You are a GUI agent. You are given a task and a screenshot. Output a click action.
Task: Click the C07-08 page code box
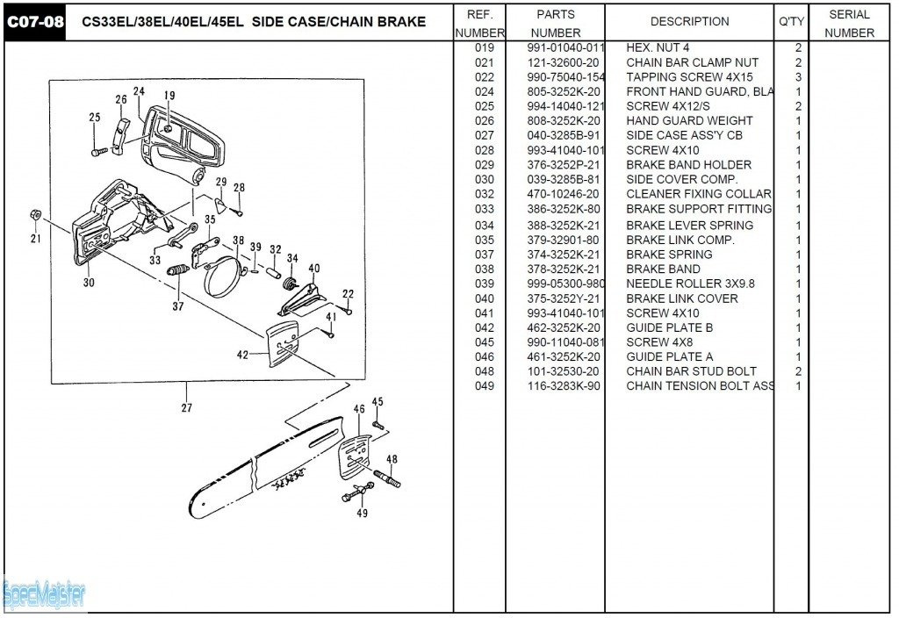35,22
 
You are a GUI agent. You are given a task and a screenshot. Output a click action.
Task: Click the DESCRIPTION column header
689,22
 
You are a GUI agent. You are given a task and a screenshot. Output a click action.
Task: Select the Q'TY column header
791,22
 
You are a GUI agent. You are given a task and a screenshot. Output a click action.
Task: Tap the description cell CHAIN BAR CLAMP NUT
692,62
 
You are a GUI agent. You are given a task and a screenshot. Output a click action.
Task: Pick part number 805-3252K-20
564,91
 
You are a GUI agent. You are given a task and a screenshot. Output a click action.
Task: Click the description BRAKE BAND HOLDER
688,165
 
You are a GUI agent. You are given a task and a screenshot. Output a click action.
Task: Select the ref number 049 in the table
484,386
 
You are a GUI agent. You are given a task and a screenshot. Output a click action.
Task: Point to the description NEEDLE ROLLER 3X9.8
690,284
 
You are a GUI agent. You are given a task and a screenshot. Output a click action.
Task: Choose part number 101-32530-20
564,371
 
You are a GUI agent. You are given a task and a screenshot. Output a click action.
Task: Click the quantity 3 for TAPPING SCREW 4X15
798,77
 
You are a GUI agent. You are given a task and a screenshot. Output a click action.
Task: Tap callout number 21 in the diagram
36,238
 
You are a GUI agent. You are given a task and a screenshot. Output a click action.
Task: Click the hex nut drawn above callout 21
35,215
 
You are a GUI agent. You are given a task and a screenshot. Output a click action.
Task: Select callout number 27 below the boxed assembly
186,407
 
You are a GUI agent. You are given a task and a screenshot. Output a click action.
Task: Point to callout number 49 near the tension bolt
362,514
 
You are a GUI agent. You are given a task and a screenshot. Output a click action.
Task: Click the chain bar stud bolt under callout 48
388,480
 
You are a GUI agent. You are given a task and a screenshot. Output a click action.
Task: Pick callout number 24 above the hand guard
139,92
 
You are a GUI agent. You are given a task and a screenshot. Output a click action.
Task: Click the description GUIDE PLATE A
669,357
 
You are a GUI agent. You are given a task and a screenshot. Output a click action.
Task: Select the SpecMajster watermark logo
44,595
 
